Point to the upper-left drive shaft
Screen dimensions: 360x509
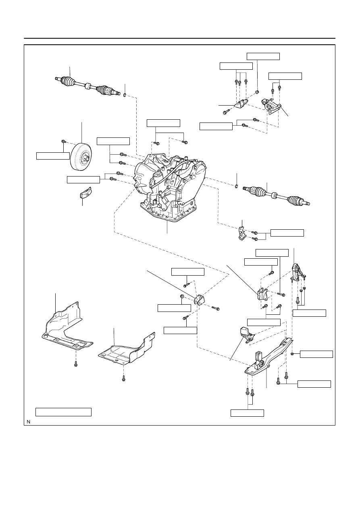tap(87, 86)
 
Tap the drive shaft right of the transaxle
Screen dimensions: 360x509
tap(277, 196)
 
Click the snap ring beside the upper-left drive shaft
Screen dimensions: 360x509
tap(125, 95)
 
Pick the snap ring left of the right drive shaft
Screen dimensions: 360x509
tap(237, 186)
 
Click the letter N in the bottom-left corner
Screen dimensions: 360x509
tap(28, 422)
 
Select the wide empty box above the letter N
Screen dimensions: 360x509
tap(63, 412)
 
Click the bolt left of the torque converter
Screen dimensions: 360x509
tap(63, 141)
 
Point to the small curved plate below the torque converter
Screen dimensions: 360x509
tap(85, 193)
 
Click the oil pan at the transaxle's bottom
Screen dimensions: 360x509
tap(168, 211)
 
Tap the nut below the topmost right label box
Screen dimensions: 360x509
tap(257, 92)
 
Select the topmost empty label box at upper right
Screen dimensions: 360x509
tap(263, 56)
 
